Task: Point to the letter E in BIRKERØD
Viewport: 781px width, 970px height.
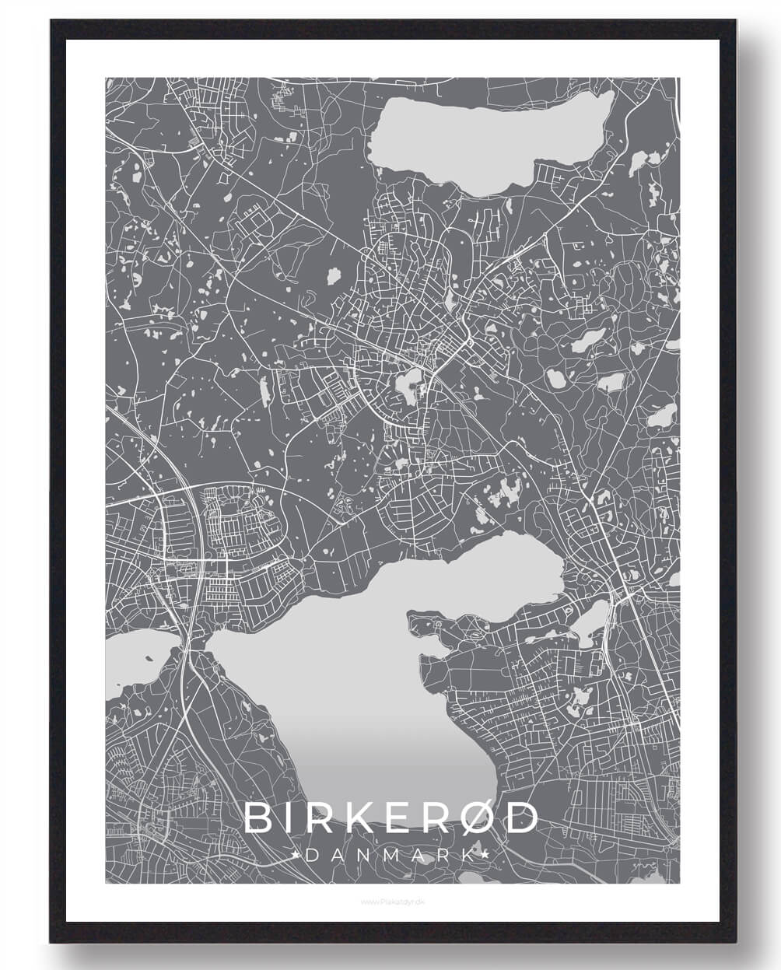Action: point(390,818)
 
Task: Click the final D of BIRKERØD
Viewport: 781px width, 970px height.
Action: point(522,818)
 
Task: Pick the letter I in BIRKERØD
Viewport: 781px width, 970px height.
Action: point(289,818)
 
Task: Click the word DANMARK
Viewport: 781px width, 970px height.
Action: point(391,855)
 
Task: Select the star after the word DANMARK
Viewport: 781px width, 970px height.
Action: point(487,855)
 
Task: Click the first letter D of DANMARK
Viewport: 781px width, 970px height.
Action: point(312,855)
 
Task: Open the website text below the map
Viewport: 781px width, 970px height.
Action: point(391,902)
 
